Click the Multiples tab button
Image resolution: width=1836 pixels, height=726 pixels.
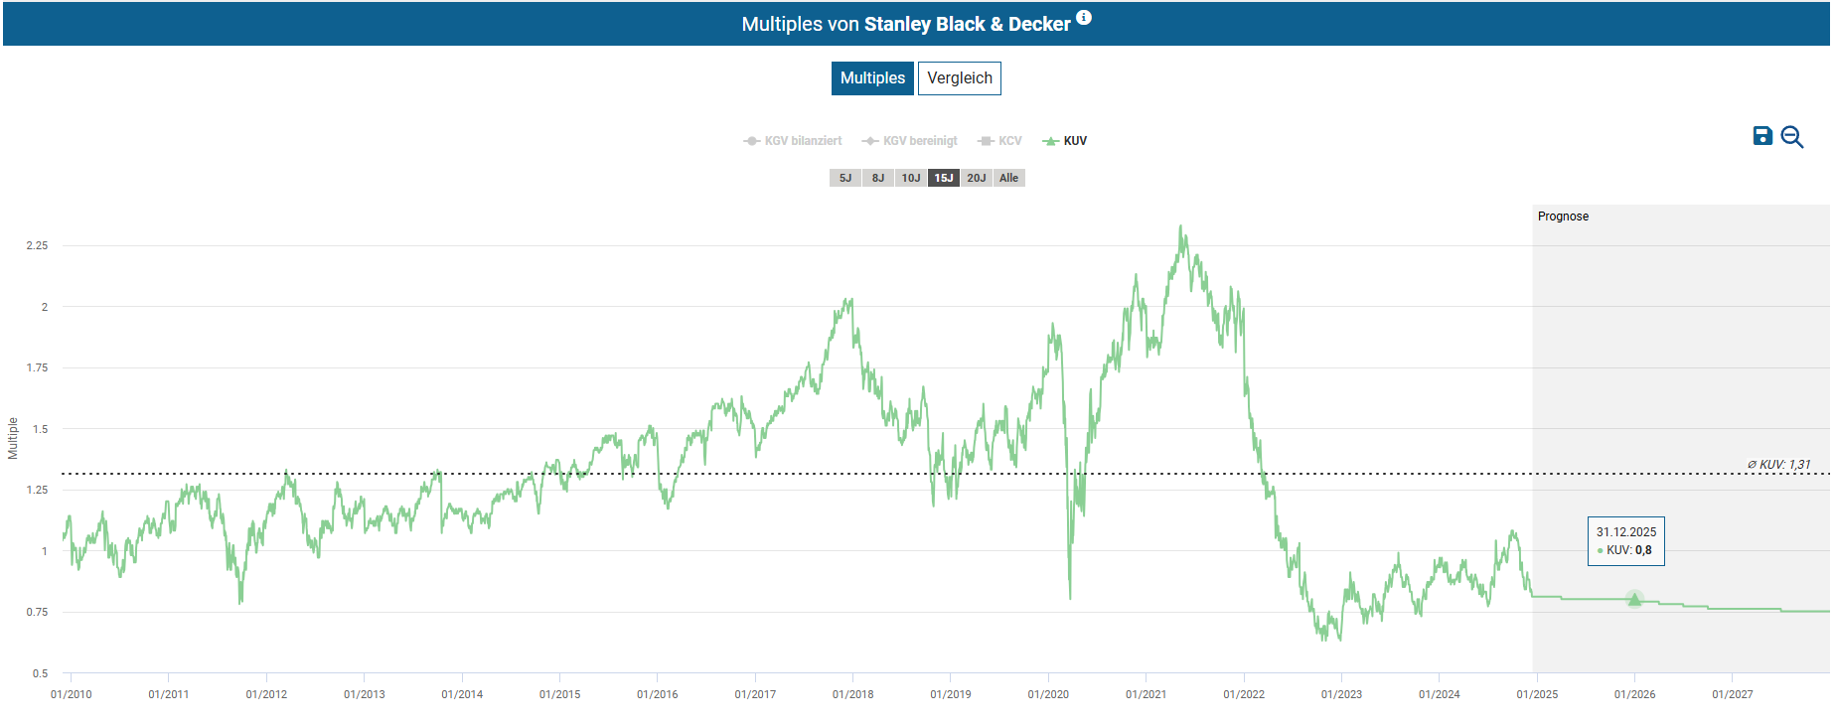872,78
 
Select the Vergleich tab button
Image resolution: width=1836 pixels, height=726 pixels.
959,78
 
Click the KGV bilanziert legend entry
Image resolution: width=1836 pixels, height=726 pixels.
793,141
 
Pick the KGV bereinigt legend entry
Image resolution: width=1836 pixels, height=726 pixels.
910,141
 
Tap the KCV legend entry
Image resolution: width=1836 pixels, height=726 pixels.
1000,141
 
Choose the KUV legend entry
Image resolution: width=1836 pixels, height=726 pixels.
1065,141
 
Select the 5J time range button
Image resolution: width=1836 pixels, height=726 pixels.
845,178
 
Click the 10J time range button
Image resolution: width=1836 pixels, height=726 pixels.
911,178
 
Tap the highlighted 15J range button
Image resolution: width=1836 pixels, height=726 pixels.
944,178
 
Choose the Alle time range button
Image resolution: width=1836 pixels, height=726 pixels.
1009,178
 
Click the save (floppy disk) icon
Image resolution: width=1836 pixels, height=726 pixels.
1762,136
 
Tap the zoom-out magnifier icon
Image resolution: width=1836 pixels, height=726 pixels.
1792,137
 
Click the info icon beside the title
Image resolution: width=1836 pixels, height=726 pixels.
1084,17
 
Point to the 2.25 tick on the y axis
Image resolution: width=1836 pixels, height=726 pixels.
37,245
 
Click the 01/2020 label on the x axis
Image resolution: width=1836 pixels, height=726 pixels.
1048,694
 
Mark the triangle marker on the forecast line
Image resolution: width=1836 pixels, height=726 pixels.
1634,599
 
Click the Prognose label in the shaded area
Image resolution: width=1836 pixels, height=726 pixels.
1563,217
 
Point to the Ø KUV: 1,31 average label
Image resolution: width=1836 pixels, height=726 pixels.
1778,464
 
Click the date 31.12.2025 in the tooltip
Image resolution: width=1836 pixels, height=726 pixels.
1626,532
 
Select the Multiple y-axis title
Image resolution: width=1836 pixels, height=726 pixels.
13,438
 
